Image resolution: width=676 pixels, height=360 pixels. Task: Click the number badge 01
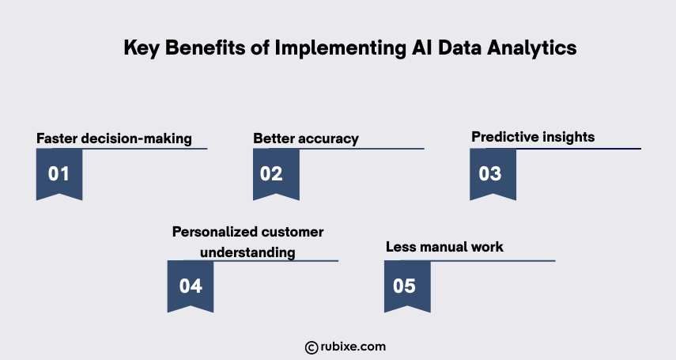click(59, 173)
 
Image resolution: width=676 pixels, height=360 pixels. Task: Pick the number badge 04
click(191, 286)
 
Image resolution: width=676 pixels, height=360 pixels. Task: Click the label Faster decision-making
click(114, 138)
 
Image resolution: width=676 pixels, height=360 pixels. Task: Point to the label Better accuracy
click(306, 138)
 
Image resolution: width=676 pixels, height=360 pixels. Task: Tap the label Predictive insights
click(533, 137)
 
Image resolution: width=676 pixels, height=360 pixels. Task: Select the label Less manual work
click(444, 247)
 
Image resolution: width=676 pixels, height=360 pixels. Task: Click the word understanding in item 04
click(247, 252)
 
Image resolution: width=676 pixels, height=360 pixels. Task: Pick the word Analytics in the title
click(537, 48)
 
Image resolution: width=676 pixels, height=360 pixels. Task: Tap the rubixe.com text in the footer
click(353, 347)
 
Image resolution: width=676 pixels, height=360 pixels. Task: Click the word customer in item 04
click(295, 232)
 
